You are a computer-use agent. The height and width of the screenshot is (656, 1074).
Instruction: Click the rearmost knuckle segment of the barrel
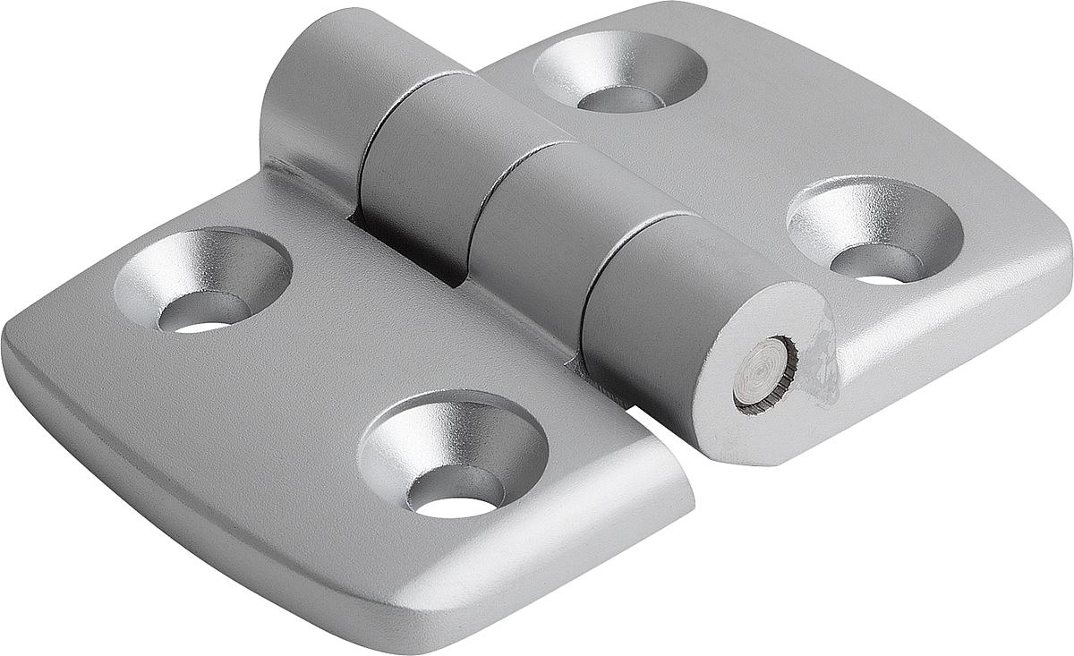point(322,98)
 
